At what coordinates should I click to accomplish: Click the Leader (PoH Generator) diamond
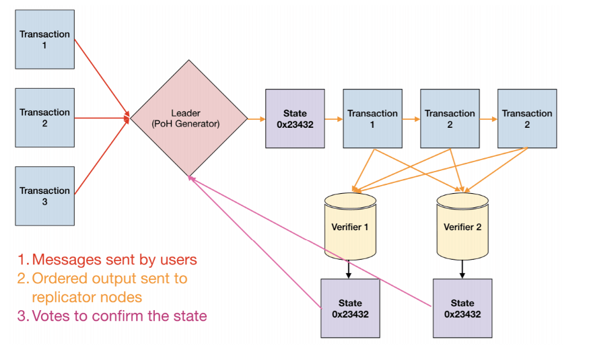(x=189, y=118)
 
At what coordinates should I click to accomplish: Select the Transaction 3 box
(x=44, y=196)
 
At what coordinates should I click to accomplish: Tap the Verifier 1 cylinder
(x=349, y=227)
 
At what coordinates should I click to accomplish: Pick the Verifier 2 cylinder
(x=462, y=227)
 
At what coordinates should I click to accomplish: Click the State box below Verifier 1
(x=350, y=308)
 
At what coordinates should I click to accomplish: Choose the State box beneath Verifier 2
(x=462, y=308)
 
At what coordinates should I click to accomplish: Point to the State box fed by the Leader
(x=295, y=118)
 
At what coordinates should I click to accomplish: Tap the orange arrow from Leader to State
(x=256, y=119)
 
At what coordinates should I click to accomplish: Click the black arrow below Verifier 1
(x=349, y=269)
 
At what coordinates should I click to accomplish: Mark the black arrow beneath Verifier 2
(x=462, y=269)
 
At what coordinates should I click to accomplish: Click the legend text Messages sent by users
(x=114, y=260)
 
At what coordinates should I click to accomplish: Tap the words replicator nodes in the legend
(x=88, y=297)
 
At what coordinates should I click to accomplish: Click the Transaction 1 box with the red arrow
(x=44, y=40)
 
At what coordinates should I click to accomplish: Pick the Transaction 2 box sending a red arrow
(x=44, y=118)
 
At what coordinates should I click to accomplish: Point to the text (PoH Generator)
(x=184, y=124)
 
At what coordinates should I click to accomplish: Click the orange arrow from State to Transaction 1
(x=333, y=119)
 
